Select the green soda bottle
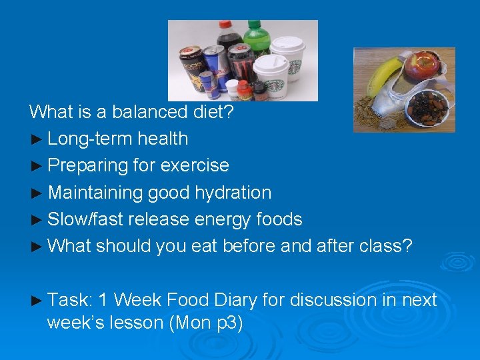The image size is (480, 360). [x=255, y=40]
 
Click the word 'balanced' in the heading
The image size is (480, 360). [x=139, y=111]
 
